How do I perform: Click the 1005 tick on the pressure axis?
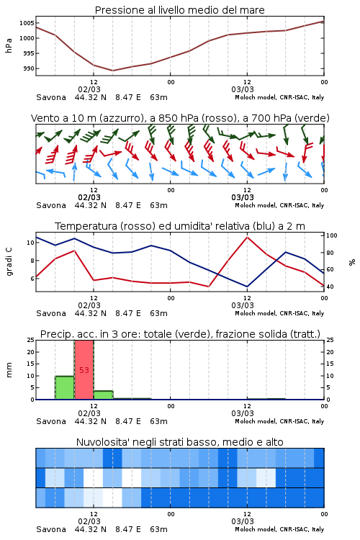(27, 23)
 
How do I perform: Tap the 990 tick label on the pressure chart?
(29, 68)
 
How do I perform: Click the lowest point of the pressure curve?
(112, 71)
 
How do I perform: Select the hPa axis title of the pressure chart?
(9, 45)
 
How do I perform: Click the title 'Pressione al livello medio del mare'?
(179, 10)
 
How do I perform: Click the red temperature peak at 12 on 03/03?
(247, 237)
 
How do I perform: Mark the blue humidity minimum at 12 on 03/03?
(247, 287)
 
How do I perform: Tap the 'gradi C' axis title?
(9, 262)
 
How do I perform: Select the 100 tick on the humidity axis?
(332, 235)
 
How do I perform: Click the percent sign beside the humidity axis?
(352, 262)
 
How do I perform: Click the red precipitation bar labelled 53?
(84, 370)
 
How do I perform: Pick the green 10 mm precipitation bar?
(65, 388)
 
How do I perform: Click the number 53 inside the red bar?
(84, 370)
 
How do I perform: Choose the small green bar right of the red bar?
(104, 395)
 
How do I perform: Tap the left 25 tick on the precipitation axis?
(30, 340)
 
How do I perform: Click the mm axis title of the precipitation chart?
(9, 370)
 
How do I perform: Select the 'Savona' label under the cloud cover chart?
(51, 529)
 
